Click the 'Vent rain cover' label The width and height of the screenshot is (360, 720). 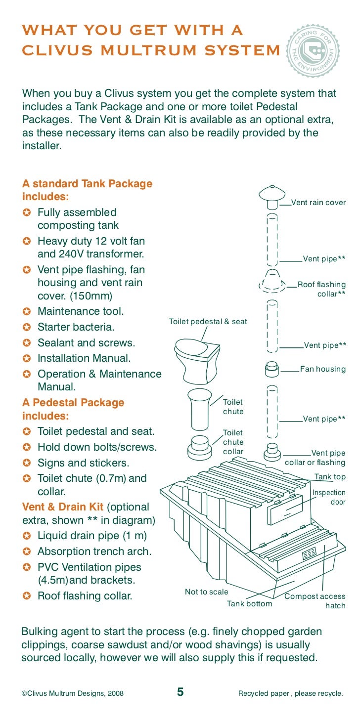click(318, 203)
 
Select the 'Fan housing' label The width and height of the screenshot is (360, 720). click(323, 369)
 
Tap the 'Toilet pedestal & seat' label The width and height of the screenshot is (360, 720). click(208, 322)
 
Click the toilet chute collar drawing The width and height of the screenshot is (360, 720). click(200, 447)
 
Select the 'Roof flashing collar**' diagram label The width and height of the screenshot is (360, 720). click(321, 289)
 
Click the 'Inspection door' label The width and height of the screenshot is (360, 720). click(329, 497)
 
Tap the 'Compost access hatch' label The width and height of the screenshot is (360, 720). click(315, 601)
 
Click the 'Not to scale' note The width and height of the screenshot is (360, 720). click(206, 592)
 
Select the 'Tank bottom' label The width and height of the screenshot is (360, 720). click(249, 603)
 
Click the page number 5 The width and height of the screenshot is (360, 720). click(180, 692)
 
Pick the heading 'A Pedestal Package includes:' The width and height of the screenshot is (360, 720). click(73, 409)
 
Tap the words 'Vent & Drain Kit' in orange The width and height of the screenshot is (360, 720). click(63, 507)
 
